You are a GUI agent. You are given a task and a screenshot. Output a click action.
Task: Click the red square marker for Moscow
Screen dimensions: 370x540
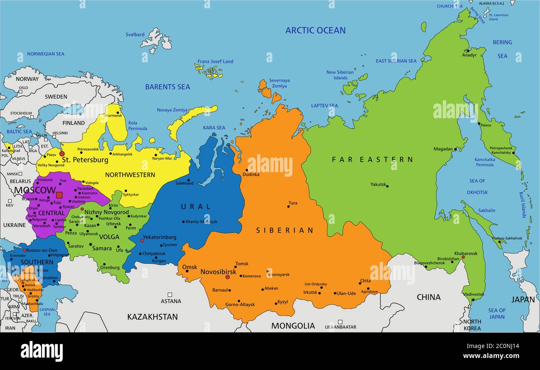pos(59,195)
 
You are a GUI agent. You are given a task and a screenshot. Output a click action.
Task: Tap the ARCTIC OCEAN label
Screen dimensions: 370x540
pos(315,30)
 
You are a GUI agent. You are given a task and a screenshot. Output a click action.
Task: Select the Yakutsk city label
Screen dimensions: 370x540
pos(378,184)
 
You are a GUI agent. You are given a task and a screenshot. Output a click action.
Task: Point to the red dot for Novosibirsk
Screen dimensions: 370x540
pos(227,277)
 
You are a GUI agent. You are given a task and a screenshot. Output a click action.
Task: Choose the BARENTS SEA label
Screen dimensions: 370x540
pos(167,87)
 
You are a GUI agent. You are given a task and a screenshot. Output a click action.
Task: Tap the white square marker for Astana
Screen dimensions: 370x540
pos(169,295)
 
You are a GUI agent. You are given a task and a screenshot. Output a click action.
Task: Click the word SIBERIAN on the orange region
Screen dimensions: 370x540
pos(285,230)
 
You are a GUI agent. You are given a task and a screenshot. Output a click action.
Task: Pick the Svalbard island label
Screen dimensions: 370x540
pos(135,35)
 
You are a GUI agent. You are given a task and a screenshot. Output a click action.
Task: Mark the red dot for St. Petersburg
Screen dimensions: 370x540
pos(62,153)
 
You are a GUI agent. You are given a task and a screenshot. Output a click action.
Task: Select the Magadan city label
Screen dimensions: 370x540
pos(443,149)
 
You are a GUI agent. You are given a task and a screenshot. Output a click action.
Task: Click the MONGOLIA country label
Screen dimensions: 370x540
pos(293,326)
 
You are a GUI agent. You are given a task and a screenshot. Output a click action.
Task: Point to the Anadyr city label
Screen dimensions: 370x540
pos(469,55)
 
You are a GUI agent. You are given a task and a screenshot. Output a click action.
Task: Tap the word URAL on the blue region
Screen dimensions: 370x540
pos(196,207)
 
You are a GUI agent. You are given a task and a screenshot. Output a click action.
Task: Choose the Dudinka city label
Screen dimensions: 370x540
pos(251,175)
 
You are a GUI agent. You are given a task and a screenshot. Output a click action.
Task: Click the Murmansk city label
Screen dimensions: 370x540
pos(113,116)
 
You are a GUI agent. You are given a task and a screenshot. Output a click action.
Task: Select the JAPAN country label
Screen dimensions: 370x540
pos(523,299)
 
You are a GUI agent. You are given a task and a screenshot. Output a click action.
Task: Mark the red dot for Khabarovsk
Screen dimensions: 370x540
pos(463,257)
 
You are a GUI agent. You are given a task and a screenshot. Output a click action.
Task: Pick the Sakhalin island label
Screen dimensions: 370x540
pos(486,210)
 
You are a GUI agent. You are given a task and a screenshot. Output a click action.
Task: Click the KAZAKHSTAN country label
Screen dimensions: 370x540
pos(152,317)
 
